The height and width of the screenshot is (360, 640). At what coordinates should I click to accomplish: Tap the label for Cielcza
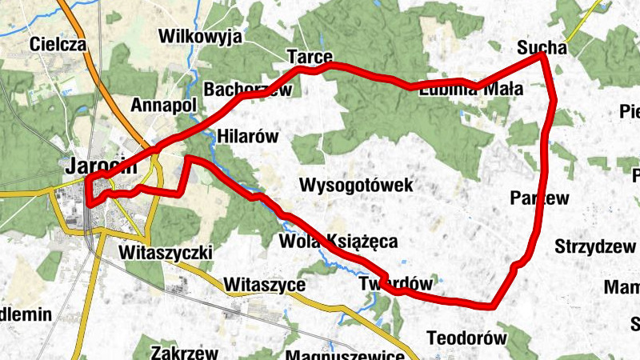(58, 45)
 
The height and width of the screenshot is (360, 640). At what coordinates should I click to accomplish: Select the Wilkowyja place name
(200, 36)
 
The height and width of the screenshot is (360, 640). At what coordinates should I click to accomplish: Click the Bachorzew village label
(248, 90)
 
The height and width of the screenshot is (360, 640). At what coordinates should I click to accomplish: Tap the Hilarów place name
(247, 137)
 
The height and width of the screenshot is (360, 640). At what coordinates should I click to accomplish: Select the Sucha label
(542, 46)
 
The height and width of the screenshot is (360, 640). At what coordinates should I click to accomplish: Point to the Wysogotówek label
(356, 186)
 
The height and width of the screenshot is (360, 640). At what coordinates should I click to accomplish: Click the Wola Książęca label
(338, 241)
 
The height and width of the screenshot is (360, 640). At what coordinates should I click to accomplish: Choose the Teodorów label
(467, 338)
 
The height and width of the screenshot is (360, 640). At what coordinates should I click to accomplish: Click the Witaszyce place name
(266, 284)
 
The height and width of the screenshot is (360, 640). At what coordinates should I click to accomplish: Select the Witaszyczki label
(164, 253)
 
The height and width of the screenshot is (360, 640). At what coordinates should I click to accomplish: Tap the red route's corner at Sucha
(542, 55)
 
